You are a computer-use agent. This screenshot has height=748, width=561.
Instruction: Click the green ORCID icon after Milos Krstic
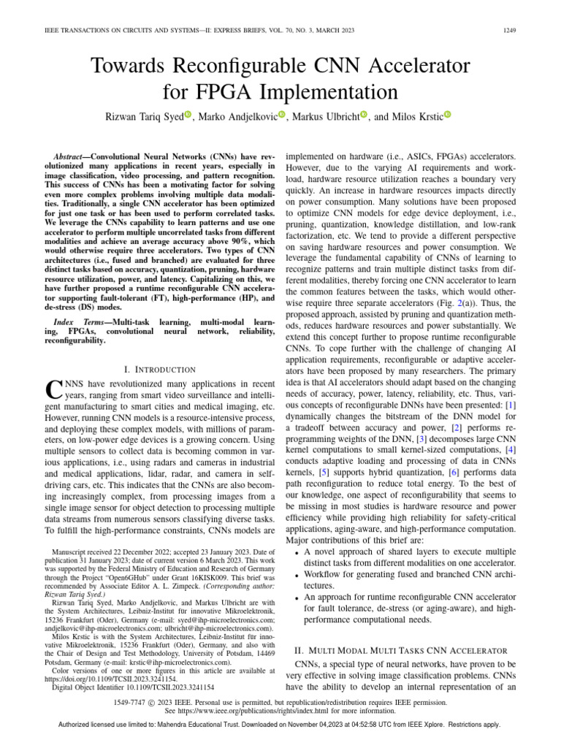click(447, 115)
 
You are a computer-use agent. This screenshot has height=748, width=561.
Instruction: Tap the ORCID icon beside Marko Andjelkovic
click(282, 115)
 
